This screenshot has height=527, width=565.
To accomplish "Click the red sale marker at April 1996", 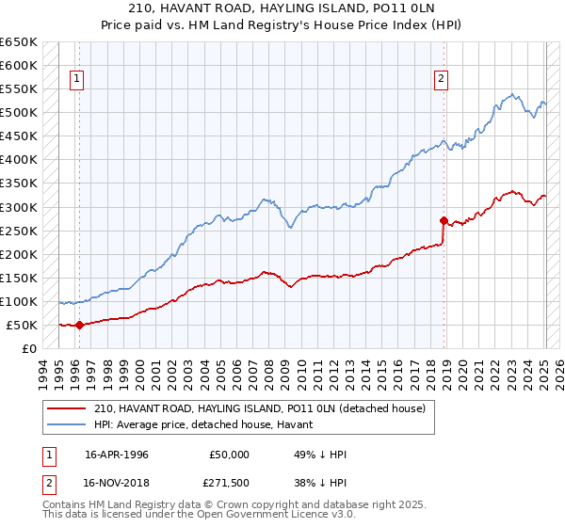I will [x=79, y=326].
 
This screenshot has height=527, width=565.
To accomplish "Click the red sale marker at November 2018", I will [x=444, y=220].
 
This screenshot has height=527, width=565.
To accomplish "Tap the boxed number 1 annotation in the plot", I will [x=75, y=80].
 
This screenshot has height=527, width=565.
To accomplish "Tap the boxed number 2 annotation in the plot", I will [x=440, y=80].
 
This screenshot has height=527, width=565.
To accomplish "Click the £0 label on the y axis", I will [x=29, y=348].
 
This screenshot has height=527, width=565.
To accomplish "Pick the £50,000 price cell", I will [x=230, y=455].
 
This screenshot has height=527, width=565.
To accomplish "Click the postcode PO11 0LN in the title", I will [x=358, y=10].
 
